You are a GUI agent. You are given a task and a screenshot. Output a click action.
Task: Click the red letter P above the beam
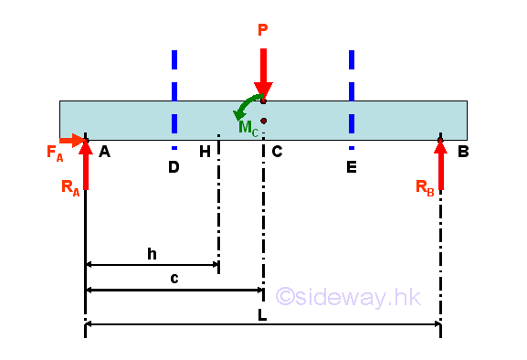[263, 31]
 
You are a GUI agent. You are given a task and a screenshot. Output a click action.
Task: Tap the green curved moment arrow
[247, 103]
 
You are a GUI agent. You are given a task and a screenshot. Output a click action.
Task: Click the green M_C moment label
[248, 127]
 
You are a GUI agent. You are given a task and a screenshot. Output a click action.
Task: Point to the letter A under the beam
[104, 152]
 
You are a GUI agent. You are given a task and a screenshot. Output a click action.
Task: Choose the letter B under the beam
[463, 152]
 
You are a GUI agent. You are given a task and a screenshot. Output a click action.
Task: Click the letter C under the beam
[277, 152]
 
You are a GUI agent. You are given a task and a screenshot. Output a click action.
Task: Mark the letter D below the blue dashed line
[174, 167]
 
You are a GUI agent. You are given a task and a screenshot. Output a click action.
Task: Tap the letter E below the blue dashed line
[351, 167]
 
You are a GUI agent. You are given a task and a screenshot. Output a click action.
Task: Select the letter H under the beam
[205, 152]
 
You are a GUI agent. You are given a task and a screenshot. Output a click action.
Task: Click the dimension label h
[152, 254]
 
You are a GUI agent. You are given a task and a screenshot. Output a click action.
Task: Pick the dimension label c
[174, 278]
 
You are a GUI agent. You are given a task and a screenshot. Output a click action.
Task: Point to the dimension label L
[262, 315]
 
